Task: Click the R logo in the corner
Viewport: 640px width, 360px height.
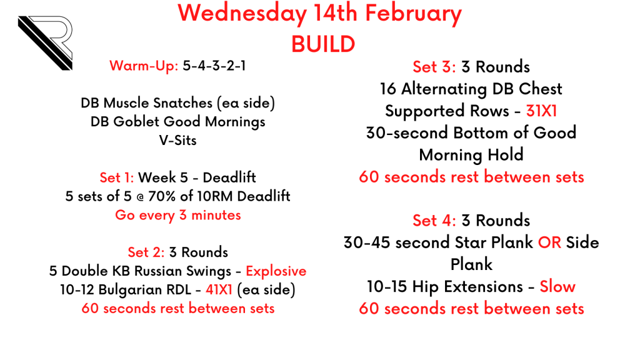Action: pos(45,42)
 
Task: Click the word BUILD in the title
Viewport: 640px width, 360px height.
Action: pos(323,44)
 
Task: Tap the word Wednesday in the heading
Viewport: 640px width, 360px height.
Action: pos(242,13)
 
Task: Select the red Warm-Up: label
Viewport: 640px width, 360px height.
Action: pos(144,66)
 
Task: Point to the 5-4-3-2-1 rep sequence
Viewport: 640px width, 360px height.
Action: pos(214,66)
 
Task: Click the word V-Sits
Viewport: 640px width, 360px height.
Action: pos(177,141)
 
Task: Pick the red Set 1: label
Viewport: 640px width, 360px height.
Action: pos(117,177)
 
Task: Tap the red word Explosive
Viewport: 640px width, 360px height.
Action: pos(276,271)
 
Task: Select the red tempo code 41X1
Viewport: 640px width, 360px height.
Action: pos(219,290)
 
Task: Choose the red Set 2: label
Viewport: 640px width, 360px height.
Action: pos(146,252)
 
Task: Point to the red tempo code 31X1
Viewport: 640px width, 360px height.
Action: pos(541,111)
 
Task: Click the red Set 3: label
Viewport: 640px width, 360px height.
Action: pos(434,67)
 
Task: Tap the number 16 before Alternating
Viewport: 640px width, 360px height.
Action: pos(388,89)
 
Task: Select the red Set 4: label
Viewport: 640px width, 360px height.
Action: pos(434,221)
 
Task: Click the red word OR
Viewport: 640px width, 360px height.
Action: pos(549,243)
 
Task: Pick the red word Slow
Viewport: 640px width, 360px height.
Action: pos(557,286)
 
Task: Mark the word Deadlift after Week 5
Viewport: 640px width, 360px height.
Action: pos(229,177)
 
